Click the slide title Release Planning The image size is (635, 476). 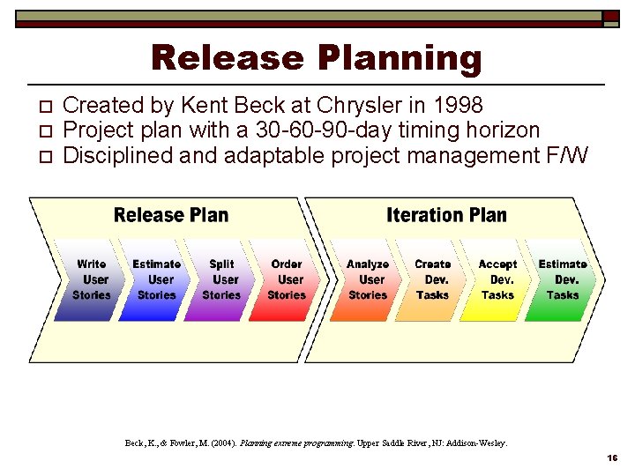click(317, 58)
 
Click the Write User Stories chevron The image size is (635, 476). click(90, 280)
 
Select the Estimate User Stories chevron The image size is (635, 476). click(155, 280)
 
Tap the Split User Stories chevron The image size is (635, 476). click(221, 280)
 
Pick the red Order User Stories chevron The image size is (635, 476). click(287, 280)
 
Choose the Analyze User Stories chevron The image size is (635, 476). click(368, 280)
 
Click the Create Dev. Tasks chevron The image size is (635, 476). click(432, 280)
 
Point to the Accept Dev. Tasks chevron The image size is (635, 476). click(497, 280)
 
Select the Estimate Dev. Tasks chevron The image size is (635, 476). click(563, 280)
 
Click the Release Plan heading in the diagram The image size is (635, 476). click(171, 216)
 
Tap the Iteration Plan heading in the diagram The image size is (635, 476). click(446, 216)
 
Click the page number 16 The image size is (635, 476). click(611, 459)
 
